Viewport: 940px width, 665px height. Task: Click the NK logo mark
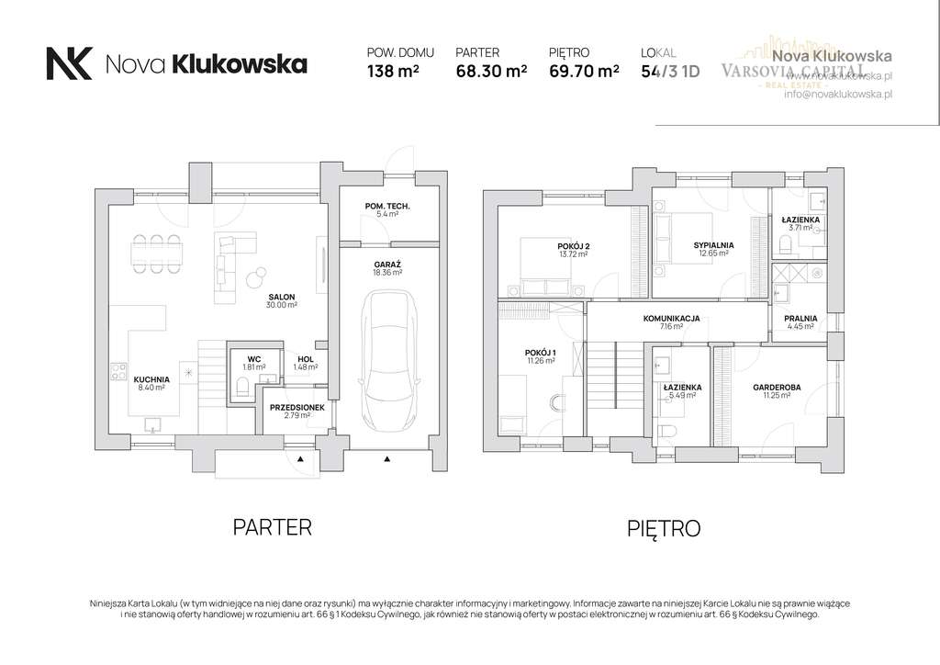click(69, 63)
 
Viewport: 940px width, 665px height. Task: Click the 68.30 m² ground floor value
click(491, 70)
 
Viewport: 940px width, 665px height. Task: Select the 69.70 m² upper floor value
click(583, 70)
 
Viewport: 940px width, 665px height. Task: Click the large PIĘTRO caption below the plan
click(664, 528)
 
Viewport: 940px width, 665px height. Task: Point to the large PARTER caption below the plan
click(273, 527)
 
